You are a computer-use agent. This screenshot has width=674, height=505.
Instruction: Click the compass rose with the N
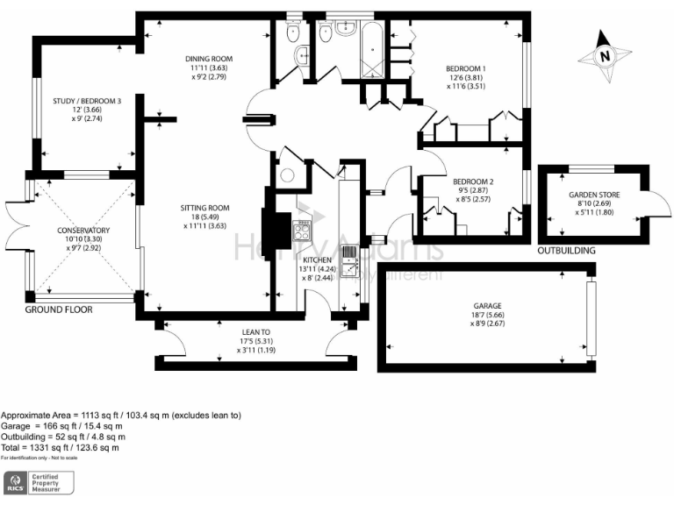(605, 56)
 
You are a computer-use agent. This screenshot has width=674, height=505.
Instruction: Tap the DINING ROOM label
(214, 60)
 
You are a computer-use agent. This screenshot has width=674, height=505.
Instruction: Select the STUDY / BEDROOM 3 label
(86, 102)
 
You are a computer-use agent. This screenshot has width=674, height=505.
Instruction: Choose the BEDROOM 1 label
(466, 69)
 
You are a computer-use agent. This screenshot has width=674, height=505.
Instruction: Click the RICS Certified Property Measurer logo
(39, 481)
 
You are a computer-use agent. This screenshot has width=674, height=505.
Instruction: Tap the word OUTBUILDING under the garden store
(567, 251)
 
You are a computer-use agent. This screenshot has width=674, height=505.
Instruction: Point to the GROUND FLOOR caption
(58, 309)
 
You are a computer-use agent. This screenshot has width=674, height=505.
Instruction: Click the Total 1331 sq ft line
(60, 448)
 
